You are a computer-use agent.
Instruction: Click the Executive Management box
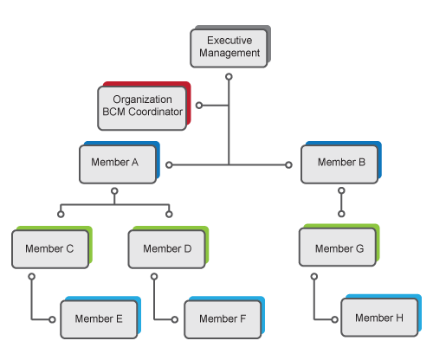[x=229, y=47]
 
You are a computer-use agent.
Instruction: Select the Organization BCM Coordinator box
[x=143, y=106]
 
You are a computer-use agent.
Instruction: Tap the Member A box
[x=117, y=164]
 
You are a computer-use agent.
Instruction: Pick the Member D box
[x=166, y=248]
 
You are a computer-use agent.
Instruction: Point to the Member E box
[x=98, y=319]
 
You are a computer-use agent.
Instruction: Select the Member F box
[x=223, y=319]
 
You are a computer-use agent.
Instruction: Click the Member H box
[x=378, y=318]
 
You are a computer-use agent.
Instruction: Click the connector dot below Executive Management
[x=229, y=77]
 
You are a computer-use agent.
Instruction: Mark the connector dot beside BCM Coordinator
[x=198, y=106]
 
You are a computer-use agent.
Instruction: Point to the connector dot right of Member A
[x=170, y=164]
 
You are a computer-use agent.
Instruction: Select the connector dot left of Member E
[x=54, y=319]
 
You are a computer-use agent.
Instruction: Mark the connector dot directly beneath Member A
[x=115, y=190]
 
